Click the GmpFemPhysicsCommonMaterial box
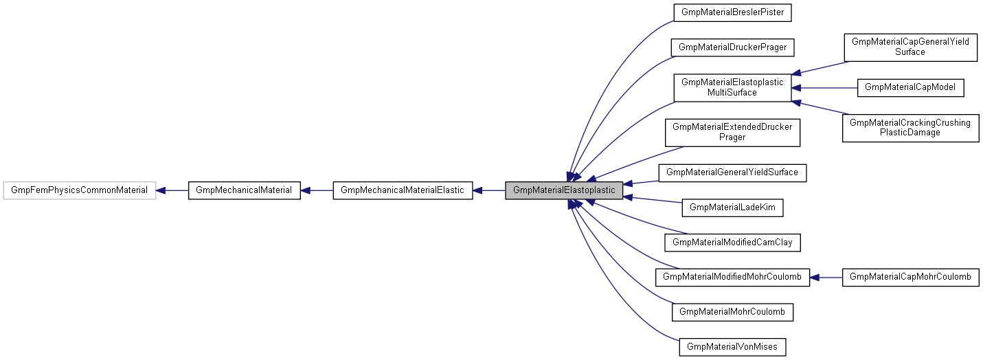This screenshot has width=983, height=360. pos(80,190)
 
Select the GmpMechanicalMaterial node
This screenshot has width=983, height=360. pos(244,190)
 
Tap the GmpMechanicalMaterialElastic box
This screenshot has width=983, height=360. pos(403,190)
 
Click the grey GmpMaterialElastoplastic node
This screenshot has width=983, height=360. pos(564,190)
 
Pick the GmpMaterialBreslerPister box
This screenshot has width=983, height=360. pos(732,12)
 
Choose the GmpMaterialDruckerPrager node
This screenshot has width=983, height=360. pos(732,47)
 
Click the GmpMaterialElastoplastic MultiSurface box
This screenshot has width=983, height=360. pos(732,87)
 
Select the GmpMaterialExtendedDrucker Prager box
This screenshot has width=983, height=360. pos(732,132)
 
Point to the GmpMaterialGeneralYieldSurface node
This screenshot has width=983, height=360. pos(732,172)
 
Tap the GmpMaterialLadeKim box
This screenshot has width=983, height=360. pos(732,207)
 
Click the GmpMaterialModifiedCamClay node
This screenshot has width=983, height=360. pos(732,242)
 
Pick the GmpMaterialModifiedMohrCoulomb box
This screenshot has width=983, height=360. pos(732,277)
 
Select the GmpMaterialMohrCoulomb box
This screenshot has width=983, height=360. pos(732,312)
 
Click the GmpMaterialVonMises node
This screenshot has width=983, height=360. pos(732,347)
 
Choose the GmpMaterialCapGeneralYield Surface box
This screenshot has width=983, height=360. pos(910,47)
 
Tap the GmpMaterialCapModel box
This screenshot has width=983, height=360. pos(910,87)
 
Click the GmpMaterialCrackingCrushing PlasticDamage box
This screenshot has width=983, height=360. pos(910,128)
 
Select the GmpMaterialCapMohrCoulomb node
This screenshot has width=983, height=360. pos(910,277)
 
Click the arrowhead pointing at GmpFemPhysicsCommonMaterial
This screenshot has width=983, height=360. pos(162,190)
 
